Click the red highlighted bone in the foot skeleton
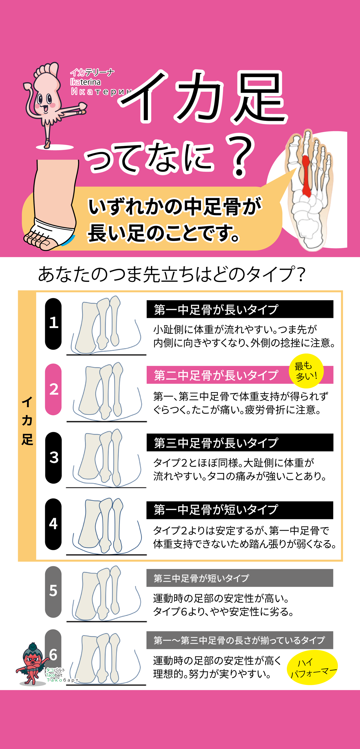tap(306, 176)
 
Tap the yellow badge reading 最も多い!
tap(306, 371)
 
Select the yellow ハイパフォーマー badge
tap(313, 667)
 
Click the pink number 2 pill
tap(53, 389)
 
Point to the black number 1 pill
tap(53, 324)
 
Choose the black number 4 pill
tap(53, 524)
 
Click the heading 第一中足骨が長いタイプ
tap(216, 309)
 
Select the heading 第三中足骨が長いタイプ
tap(216, 443)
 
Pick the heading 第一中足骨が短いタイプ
tap(216, 510)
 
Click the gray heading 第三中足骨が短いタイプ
tap(201, 578)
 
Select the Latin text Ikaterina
tap(85, 82)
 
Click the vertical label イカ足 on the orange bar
tap(27, 421)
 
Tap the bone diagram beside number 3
tap(106, 458)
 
